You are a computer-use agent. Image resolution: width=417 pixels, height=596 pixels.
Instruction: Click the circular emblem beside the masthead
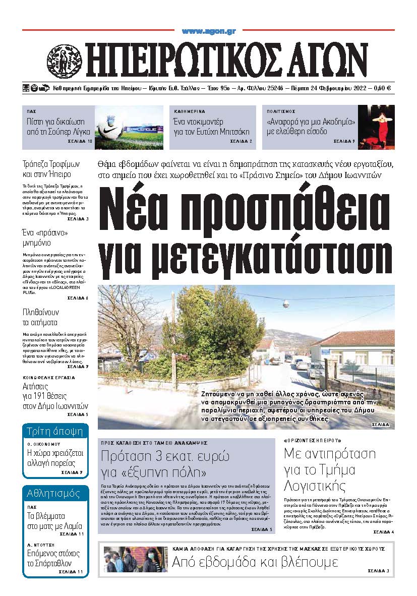(64, 59)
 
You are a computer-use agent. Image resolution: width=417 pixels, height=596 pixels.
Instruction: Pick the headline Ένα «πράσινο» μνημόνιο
(45, 238)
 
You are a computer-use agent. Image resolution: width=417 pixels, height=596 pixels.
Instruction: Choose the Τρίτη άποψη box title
(55, 433)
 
